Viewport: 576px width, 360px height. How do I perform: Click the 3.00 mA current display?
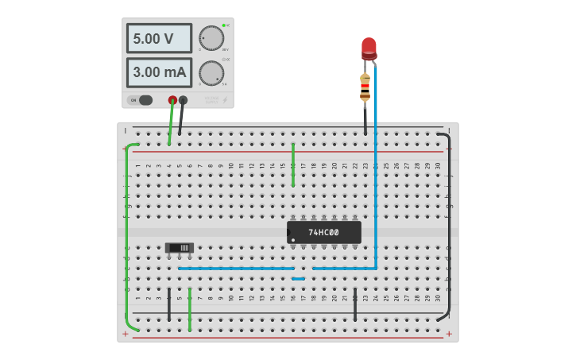(159, 72)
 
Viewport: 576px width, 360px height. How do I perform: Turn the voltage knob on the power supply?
(211, 38)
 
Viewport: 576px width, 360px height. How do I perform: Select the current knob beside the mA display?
(211, 73)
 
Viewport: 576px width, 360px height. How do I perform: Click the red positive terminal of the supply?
(172, 100)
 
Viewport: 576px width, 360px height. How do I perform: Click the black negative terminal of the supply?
(184, 100)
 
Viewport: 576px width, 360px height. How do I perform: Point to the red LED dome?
(369, 47)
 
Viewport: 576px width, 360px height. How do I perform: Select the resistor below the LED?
(365, 87)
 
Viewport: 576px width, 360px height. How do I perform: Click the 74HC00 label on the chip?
(323, 232)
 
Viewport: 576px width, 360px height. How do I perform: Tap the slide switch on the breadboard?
(180, 248)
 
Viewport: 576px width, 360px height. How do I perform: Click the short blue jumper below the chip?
(298, 278)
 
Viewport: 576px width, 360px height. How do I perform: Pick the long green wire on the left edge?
(126, 238)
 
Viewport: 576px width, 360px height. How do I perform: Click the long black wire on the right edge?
(450, 230)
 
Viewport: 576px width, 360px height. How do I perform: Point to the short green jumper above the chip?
(293, 165)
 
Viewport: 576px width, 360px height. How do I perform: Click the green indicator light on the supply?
(224, 25)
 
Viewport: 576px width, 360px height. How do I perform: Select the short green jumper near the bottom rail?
(190, 310)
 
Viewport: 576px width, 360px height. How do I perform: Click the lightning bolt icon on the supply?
(224, 100)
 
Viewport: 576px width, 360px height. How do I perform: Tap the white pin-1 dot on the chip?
(293, 240)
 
